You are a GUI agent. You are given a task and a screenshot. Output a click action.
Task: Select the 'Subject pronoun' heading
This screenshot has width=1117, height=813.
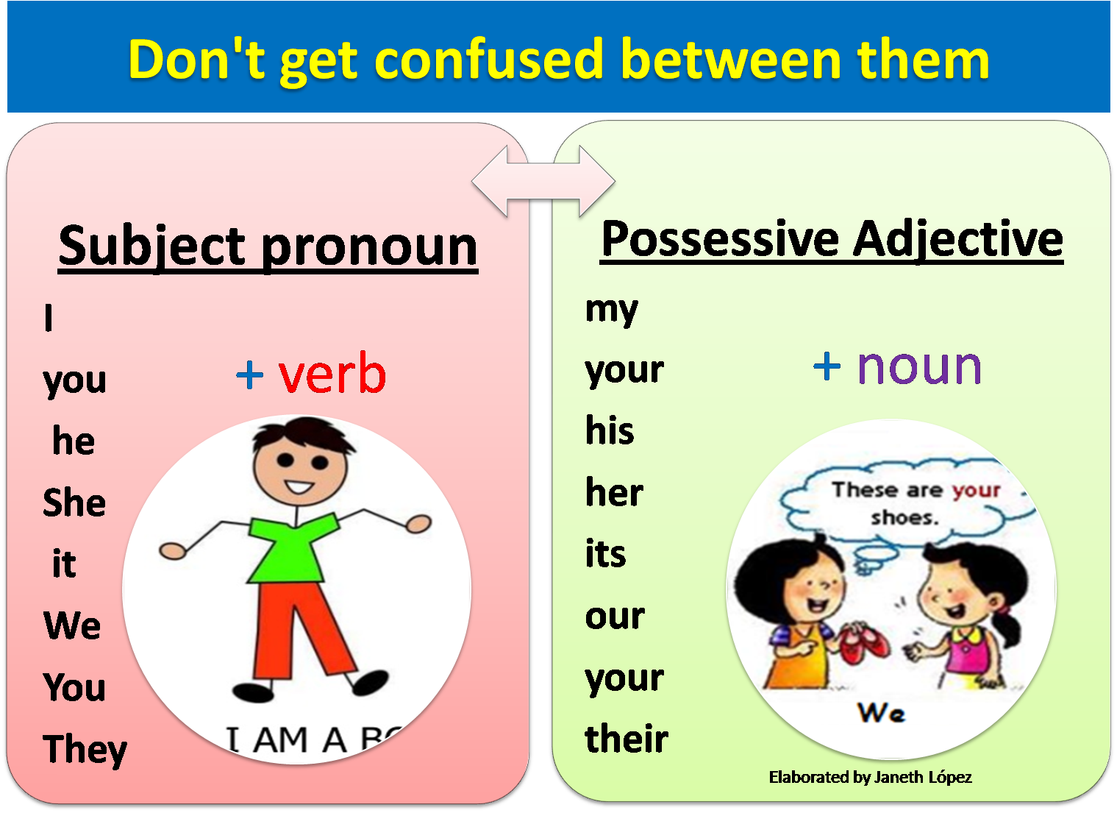click(x=268, y=246)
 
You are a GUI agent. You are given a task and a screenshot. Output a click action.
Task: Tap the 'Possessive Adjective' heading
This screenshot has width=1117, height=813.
click(x=832, y=240)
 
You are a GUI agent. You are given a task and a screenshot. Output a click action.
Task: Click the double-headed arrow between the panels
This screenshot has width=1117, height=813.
click(x=543, y=181)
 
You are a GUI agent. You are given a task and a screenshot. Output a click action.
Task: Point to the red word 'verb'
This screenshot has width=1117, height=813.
click(x=332, y=374)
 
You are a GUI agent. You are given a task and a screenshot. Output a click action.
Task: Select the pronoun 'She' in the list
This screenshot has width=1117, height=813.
click(x=74, y=503)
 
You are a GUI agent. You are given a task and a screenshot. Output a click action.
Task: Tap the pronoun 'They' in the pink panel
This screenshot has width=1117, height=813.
click(x=85, y=750)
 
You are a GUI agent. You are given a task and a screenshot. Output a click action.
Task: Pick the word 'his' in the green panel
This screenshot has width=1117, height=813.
click(x=610, y=430)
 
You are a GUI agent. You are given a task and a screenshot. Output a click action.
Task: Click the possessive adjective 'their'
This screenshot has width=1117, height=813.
click(x=627, y=739)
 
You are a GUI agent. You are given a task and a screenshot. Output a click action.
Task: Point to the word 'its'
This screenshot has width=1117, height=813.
click(x=605, y=554)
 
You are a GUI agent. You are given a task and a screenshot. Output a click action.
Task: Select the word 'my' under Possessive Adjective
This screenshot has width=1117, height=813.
click(x=611, y=310)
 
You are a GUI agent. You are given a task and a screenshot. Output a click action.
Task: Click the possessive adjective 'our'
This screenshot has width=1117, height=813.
click(x=615, y=617)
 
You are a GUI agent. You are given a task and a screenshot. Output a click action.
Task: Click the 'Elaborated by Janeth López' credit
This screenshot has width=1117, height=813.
click(x=870, y=778)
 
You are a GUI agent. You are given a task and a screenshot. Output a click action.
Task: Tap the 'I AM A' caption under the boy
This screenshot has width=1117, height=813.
click(x=287, y=740)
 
